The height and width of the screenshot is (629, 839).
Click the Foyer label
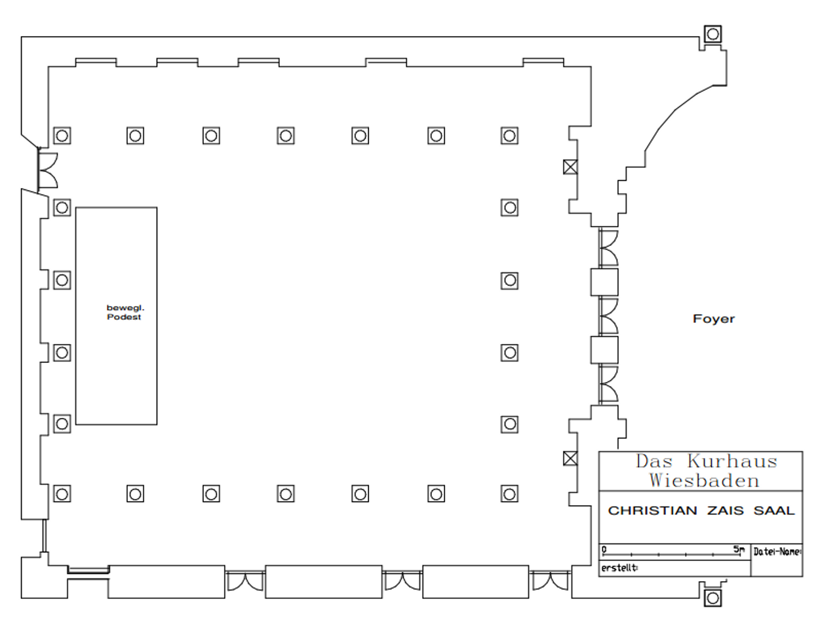point(713,319)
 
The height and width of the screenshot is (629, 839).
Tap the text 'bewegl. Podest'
point(125,313)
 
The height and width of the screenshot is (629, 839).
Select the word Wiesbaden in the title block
point(704,480)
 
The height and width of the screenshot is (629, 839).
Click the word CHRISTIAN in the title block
point(652,510)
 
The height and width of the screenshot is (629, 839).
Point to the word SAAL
point(774,510)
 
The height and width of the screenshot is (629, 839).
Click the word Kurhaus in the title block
point(732,461)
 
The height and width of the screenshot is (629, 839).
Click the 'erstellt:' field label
point(619,568)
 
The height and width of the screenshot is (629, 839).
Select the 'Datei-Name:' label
point(777,552)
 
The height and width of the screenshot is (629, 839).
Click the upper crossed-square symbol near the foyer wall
point(570,167)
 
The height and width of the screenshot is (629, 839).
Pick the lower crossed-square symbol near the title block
point(570,458)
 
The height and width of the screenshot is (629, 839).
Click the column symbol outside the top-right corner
point(712,34)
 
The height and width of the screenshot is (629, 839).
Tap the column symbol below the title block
point(712,598)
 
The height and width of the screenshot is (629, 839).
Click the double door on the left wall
point(48,170)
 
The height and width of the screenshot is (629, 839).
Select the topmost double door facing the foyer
point(608,248)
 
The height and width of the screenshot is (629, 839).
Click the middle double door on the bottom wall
point(402,581)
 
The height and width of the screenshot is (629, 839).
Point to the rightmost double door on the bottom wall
point(550,581)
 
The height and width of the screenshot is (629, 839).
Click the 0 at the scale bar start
point(604,550)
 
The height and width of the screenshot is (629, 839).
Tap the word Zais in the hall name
point(725,510)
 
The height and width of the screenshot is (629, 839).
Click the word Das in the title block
point(654,461)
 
